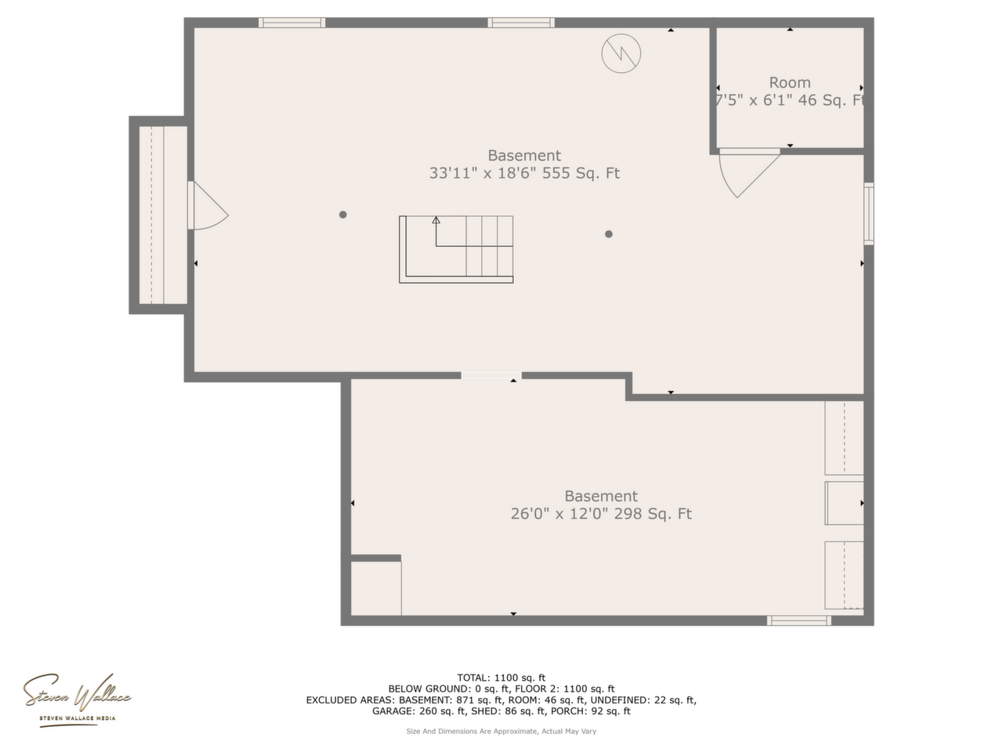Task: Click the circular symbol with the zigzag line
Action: pyautogui.click(x=621, y=53)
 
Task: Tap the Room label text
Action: pyautogui.click(x=789, y=83)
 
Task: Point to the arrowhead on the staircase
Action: pyautogui.click(x=436, y=220)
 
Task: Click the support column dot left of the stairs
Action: pyautogui.click(x=342, y=215)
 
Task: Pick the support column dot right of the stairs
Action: pyautogui.click(x=608, y=234)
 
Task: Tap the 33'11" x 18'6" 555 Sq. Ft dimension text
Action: pyautogui.click(x=524, y=173)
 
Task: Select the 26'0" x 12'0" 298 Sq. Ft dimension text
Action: pyautogui.click(x=601, y=514)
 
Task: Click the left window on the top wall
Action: pyautogui.click(x=291, y=23)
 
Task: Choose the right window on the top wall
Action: pyautogui.click(x=521, y=23)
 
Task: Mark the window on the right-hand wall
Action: pyautogui.click(x=869, y=214)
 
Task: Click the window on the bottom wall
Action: pyautogui.click(x=798, y=620)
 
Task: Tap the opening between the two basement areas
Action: pyautogui.click(x=491, y=376)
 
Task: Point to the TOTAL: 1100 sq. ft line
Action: pyautogui.click(x=501, y=678)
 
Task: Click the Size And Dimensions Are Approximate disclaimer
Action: pyautogui.click(x=501, y=732)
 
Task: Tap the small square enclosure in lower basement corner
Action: pyautogui.click(x=375, y=588)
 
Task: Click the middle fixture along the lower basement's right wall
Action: pyautogui.click(x=844, y=503)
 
